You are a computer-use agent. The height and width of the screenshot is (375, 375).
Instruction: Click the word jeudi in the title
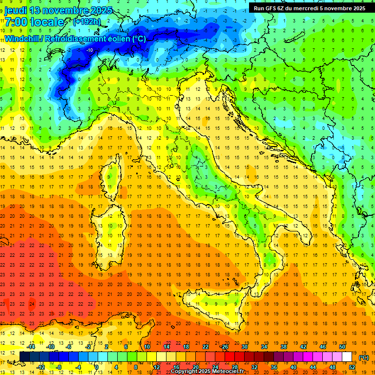click(x=16, y=10)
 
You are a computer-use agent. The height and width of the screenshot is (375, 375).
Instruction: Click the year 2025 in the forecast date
click(x=100, y=10)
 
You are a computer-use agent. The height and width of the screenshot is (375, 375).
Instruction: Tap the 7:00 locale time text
click(x=34, y=22)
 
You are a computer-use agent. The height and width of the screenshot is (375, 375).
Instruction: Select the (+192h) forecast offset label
click(x=87, y=22)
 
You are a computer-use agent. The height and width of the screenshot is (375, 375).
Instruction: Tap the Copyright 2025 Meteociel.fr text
click(x=210, y=372)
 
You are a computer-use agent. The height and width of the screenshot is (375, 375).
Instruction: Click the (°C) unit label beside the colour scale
click(x=364, y=358)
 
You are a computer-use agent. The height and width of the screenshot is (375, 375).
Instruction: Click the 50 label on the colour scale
click(x=342, y=347)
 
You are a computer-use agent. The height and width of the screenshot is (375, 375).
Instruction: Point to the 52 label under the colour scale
click(x=352, y=367)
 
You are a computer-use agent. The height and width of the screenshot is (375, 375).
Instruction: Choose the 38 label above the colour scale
click(x=283, y=347)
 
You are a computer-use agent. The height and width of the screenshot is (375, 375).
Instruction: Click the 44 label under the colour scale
click(x=312, y=367)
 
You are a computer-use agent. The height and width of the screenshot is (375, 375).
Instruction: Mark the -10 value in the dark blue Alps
click(x=90, y=50)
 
